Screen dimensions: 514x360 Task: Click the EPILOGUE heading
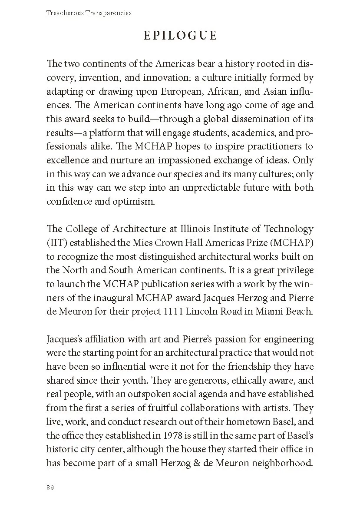(180, 36)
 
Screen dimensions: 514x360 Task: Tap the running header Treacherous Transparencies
(89, 13)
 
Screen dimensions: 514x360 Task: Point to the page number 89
(50, 487)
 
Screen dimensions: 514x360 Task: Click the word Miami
(263, 311)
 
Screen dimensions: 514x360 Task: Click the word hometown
(241, 421)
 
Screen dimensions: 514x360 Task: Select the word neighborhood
(282, 463)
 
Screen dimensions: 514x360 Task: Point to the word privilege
(292, 270)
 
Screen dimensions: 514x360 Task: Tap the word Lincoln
(215, 311)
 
